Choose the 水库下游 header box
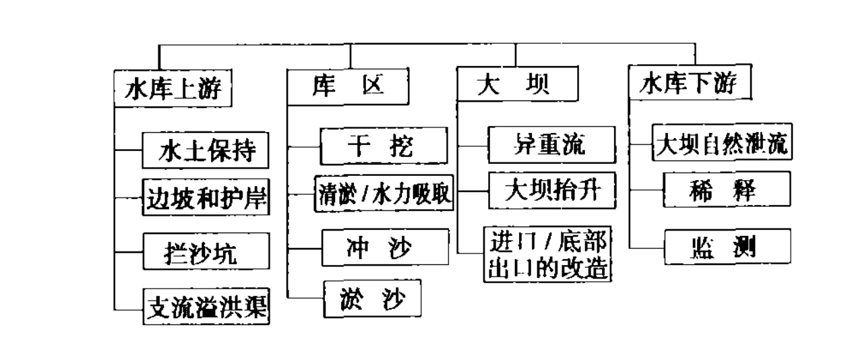click(x=687, y=85)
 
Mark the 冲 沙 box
click(x=385, y=247)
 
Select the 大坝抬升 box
click(x=551, y=191)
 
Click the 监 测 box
click(x=727, y=247)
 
